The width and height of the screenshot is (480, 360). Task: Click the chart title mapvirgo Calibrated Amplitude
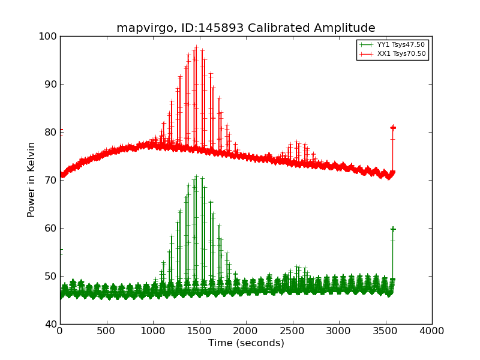coord(245,28)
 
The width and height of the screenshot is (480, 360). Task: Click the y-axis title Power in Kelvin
coord(32,179)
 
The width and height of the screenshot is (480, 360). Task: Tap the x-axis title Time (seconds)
coord(246,343)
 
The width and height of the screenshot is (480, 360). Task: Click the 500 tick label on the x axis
coord(107,331)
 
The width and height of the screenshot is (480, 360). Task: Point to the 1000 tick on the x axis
coord(153,331)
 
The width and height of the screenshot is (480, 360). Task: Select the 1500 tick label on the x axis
coord(200,331)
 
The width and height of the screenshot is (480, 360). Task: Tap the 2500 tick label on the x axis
coord(293,331)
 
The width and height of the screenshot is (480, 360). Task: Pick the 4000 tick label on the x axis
coord(432,331)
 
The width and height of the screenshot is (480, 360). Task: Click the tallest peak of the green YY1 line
coord(196,176)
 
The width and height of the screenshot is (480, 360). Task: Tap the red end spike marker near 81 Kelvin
coord(393,127)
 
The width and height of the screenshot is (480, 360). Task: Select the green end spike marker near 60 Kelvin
coord(393,229)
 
